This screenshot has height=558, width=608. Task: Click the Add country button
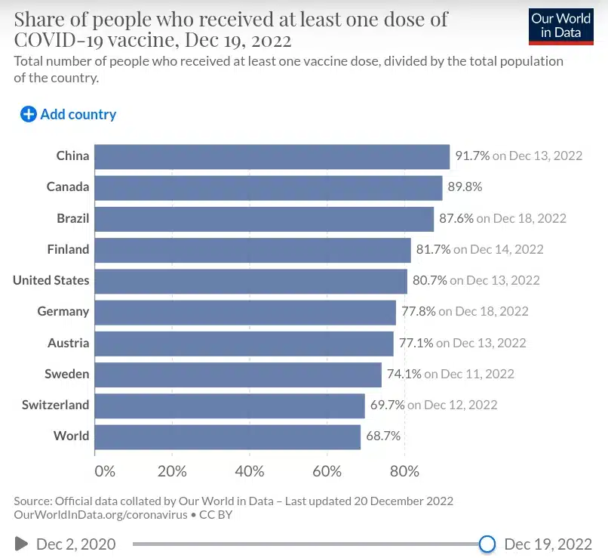click(x=69, y=115)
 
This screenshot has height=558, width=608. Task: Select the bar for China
click(x=272, y=156)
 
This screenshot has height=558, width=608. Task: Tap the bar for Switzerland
click(x=229, y=405)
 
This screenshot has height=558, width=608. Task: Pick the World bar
click(x=227, y=436)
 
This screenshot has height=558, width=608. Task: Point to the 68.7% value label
click(x=383, y=436)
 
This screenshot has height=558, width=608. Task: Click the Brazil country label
click(x=72, y=218)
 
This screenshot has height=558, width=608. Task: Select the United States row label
click(x=51, y=280)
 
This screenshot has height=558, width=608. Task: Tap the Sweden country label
click(x=66, y=374)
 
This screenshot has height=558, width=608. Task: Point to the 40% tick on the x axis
click(x=250, y=472)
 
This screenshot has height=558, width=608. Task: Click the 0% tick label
click(x=104, y=472)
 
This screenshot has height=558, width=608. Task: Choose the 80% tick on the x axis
click(x=404, y=472)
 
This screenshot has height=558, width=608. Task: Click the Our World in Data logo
click(x=560, y=26)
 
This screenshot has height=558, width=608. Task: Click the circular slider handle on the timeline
click(x=487, y=544)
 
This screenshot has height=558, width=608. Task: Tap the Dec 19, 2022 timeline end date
click(x=548, y=544)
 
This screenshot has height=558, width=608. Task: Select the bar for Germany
click(x=245, y=312)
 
